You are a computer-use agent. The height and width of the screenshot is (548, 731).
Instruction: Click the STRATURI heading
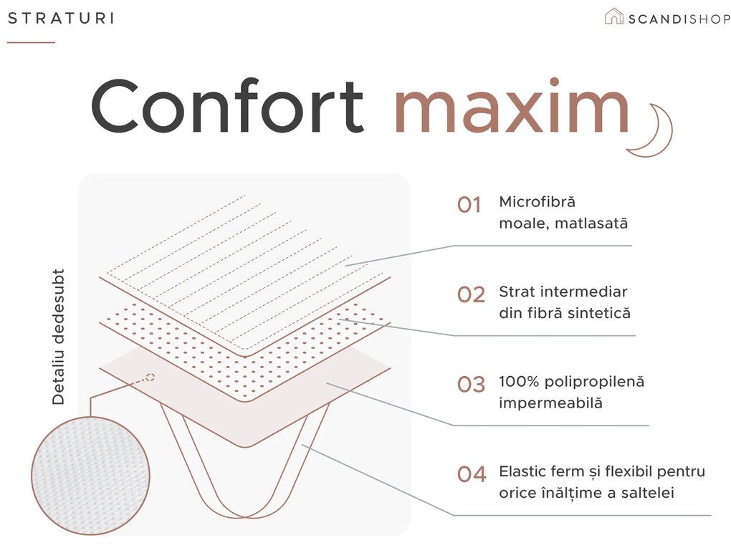[61, 19]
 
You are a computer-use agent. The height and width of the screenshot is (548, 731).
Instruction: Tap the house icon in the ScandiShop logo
[613, 16]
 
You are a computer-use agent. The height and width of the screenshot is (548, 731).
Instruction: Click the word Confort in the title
[227, 106]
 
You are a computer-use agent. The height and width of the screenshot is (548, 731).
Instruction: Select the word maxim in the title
[512, 106]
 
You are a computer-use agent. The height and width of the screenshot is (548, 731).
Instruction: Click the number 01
[469, 206]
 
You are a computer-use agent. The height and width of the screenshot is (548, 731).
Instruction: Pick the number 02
[471, 295]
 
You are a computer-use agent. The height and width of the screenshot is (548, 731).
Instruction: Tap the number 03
[472, 385]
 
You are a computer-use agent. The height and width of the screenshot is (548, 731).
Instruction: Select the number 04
[472, 475]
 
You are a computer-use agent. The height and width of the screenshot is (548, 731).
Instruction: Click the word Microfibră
[537, 202]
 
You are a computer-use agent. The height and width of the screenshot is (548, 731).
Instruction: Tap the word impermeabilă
[550, 403]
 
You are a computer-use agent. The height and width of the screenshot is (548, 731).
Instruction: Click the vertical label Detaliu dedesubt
[58, 337]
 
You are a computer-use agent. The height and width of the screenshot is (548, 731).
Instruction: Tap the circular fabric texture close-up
[91, 476]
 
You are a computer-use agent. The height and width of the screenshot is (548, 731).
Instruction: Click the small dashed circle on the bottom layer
[150, 377]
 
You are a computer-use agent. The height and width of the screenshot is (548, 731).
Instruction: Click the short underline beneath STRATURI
[31, 42]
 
